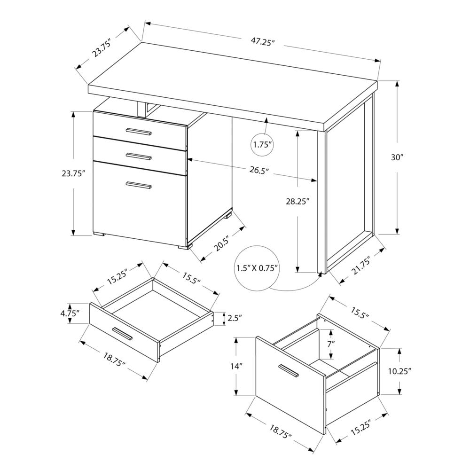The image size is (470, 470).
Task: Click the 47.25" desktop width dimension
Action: click(x=262, y=42)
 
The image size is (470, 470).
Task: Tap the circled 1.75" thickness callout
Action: click(x=263, y=145)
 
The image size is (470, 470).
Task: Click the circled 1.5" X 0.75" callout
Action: click(x=257, y=268)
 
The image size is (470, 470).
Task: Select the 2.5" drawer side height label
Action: click(x=234, y=319)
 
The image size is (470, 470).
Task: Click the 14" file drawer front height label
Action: click(x=238, y=367)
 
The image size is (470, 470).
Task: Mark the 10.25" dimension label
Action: click(x=400, y=371)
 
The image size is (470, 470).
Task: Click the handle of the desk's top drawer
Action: click(x=139, y=132)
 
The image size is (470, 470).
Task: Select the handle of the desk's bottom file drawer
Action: click(x=139, y=185)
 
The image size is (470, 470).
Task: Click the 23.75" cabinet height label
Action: click(x=73, y=173)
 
